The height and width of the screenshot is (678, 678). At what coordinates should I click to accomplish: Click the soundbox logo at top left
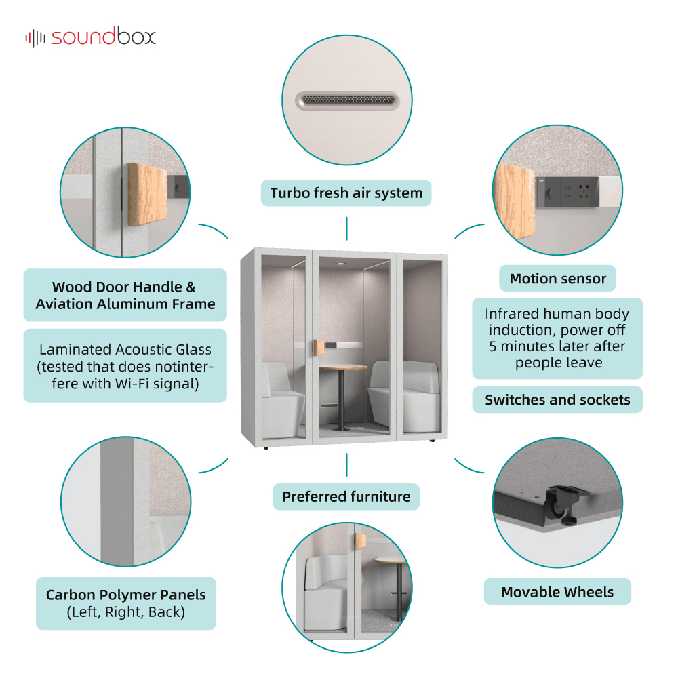90,37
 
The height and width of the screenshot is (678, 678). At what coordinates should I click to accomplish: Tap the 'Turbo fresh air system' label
346,193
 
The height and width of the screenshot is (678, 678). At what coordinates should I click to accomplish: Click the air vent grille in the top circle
348,100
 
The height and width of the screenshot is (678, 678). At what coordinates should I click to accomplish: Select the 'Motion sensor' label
558,279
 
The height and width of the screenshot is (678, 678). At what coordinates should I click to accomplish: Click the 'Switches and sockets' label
557,400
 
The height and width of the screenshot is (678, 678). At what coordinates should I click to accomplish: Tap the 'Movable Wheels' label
557,591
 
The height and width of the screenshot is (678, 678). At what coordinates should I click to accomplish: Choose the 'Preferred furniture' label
346,496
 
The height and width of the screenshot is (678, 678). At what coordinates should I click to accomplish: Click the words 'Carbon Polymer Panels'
126,595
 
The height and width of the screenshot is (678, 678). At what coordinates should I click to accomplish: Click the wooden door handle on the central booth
318,348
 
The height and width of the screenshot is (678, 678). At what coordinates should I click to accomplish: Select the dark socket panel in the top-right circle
566,192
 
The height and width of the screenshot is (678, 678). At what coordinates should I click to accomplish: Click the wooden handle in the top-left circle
147,195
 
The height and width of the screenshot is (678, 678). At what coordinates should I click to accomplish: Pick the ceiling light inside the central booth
341,264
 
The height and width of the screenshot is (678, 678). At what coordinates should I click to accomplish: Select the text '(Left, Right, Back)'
126,612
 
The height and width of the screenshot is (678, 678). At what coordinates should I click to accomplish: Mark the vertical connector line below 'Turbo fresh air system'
346,228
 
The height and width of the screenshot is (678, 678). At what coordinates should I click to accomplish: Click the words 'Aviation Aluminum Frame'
125,304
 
